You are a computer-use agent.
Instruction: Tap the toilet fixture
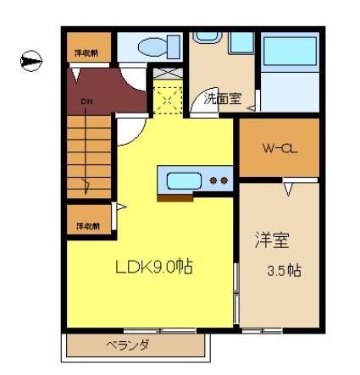[x=153, y=46]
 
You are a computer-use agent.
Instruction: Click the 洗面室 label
[x=223, y=98]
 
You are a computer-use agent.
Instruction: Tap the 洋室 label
[x=272, y=241]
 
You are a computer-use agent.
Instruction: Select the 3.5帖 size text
[x=284, y=271]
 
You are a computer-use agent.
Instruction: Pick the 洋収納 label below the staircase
[x=86, y=226]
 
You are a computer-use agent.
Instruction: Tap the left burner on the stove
[x=213, y=179]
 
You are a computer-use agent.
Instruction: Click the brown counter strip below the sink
[x=175, y=199]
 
